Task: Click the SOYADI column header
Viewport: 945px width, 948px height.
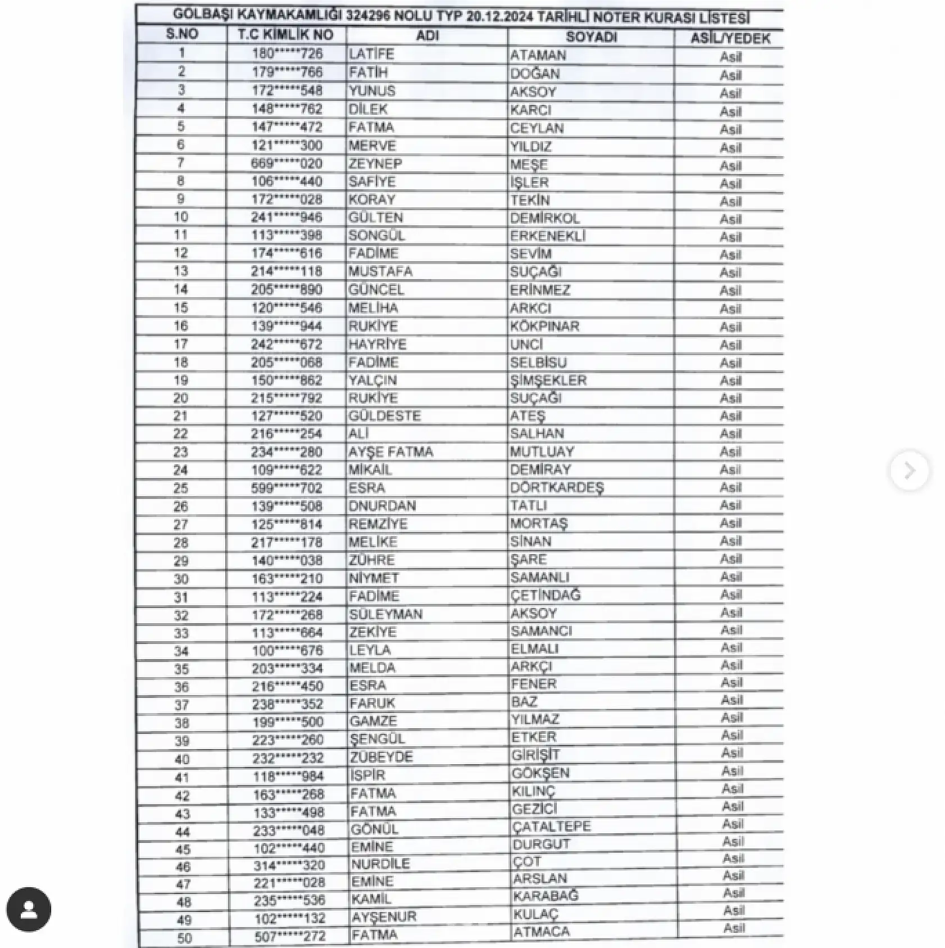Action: tap(591, 37)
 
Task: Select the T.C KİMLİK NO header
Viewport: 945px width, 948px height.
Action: tap(285, 35)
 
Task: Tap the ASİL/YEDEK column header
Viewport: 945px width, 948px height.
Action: tap(730, 38)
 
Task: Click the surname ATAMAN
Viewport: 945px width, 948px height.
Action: tap(538, 55)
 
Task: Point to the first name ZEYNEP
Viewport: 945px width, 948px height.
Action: tap(372, 164)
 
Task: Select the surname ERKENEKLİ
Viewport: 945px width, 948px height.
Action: tap(548, 236)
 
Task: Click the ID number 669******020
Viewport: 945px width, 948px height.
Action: tap(287, 164)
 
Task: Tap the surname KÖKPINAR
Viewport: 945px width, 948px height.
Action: tap(544, 326)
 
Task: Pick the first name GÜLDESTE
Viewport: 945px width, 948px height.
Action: tap(384, 416)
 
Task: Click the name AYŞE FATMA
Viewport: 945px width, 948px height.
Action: tap(390, 452)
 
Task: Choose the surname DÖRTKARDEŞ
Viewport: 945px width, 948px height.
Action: tap(557, 488)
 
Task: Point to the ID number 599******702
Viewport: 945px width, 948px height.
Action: tap(287, 488)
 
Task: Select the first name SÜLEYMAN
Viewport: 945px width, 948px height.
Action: tap(385, 614)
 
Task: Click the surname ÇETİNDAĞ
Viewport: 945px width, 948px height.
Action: tap(545, 595)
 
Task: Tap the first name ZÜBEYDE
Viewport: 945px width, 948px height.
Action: tap(381, 757)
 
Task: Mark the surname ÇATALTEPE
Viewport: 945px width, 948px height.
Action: tap(551, 827)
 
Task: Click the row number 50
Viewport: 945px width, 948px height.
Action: tap(184, 938)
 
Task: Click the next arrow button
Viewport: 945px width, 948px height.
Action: tap(909, 470)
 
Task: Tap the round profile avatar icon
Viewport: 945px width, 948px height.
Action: tap(29, 910)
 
